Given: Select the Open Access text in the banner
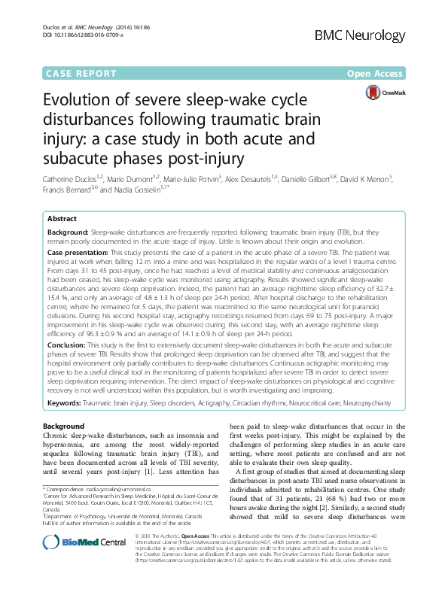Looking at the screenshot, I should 376,74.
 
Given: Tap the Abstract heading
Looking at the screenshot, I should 62,217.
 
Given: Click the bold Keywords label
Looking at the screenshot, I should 68,404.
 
